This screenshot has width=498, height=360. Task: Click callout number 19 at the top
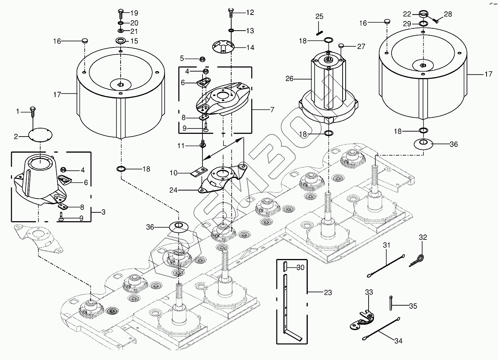[x=134, y=13]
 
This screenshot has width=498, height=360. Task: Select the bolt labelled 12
[x=231, y=13]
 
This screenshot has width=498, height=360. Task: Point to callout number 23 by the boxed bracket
[x=328, y=293]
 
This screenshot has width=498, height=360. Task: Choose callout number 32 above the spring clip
[x=423, y=238]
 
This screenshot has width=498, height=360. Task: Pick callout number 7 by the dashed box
[x=273, y=110]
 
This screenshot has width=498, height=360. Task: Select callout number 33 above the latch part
[x=368, y=293]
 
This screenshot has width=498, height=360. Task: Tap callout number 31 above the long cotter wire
[x=387, y=245]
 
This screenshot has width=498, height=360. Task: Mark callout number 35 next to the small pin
[x=413, y=306]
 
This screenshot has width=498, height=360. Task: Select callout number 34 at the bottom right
[x=398, y=341]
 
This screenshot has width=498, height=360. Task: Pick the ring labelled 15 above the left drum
[x=120, y=41]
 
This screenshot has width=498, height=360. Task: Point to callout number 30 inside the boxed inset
[x=300, y=267]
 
